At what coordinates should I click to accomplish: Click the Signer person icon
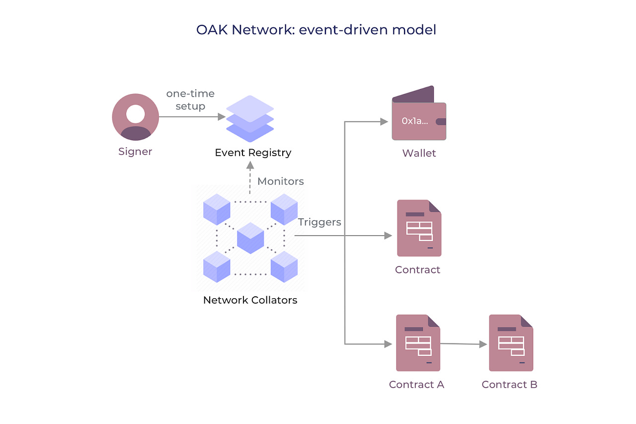point(135,117)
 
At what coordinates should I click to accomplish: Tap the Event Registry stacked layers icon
point(250,119)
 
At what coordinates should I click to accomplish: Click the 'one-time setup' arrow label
point(190,100)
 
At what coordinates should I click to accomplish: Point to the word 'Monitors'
point(281,181)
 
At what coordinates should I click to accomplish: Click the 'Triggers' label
point(319,222)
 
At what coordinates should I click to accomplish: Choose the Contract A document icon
point(418,343)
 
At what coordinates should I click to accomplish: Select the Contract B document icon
point(511,343)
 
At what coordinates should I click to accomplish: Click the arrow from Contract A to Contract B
point(463,343)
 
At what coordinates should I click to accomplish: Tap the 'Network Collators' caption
point(250,300)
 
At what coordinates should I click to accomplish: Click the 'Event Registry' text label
point(253,153)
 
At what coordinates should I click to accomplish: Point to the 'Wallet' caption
point(419,153)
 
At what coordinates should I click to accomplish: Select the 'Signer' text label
point(135,152)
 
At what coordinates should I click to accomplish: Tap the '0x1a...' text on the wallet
point(414,121)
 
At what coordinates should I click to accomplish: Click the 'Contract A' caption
point(416,385)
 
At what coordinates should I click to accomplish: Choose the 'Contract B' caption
point(509,385)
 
